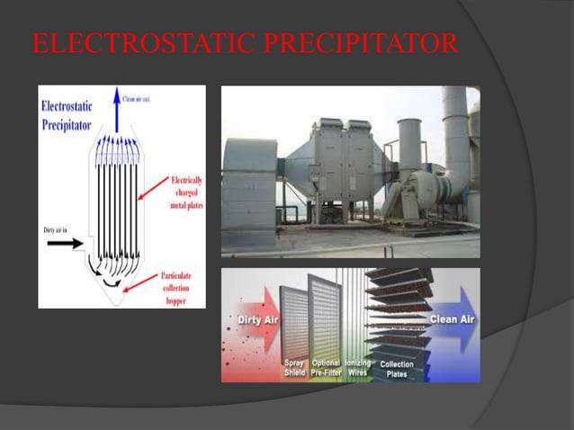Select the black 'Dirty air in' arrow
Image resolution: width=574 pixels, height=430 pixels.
pyautogui.click(x=67, y=242)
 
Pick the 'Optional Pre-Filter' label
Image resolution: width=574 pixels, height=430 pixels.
pyautogui.click(x=327, y=369)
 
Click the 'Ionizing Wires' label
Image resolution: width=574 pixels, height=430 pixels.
pyautogui.click(x=359, y=369)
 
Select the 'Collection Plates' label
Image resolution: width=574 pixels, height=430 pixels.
pyautogui.click(x=397, y=369)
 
